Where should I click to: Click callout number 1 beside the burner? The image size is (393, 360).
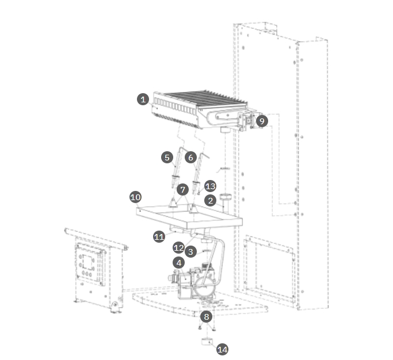pos(143,99)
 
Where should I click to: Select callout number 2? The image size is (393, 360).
pos(211,201)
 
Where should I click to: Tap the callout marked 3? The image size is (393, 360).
pos(191,251)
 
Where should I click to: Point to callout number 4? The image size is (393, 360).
pos(180,262)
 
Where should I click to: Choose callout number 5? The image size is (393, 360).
pos(167,156)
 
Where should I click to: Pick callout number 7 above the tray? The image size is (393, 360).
pos(183,189)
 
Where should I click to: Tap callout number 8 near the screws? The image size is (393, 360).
pos(207,316)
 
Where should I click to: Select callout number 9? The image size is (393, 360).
pos(262,121)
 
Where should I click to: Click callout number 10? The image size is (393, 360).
pos(135,197)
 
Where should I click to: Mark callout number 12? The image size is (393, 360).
pos(179,248)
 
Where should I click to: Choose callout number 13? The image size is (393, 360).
pos(211,186)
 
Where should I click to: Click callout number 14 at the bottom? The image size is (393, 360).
pos(222,348)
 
